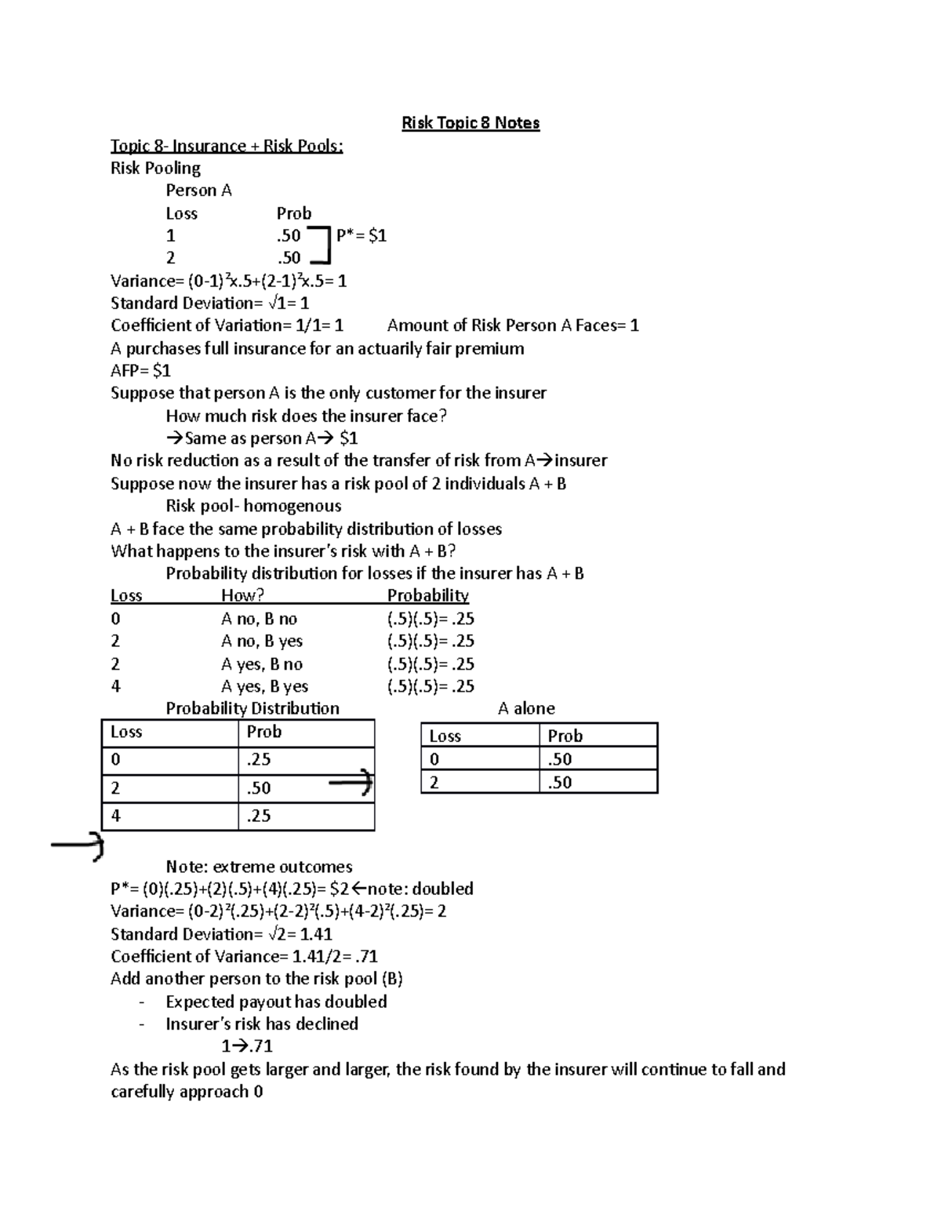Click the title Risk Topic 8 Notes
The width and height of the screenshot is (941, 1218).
click(x=470, y=123)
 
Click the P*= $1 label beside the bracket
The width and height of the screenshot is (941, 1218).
click(x=361, y=235)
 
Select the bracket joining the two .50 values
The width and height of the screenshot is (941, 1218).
click(x=322, y=245)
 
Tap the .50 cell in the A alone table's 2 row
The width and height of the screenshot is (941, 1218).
click(x=560, y=782)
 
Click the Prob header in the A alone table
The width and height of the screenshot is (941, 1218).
click(x=565, y=736)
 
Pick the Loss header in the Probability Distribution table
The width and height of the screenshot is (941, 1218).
click(x=126, y=732)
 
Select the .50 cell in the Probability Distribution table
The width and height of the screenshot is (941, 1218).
click(x=259, y=788)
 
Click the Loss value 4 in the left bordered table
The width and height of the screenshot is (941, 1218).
click(x=116, y=816)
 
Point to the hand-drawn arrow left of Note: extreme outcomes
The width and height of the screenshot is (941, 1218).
click(x=78, y=845)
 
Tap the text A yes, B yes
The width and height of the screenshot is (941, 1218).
click(x=264, y=686)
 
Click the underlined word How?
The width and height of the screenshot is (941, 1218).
click(x=242, y=596)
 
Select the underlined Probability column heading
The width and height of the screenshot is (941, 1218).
click(x=427, y=596)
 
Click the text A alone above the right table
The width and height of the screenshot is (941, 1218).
click(x=526, y=708)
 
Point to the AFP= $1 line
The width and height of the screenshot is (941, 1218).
click(x=140, y=370)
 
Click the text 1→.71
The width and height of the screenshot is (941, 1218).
click(x=247, y=1046)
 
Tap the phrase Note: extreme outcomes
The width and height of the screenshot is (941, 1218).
click(x=259, y=867)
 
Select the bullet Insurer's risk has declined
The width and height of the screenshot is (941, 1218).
click(x=262, y=1023)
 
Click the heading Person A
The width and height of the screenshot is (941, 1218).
click(x=198, y=191)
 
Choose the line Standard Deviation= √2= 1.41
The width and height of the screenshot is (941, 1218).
click(x=221, y=934)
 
